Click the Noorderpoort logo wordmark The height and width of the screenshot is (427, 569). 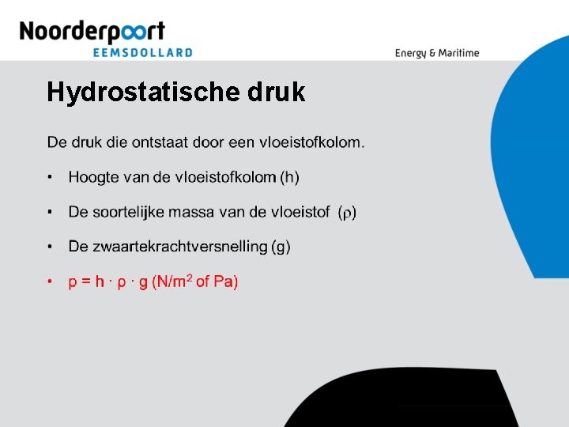(92, 32)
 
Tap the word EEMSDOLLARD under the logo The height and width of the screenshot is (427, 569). (143, 52)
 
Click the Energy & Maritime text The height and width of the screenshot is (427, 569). (437, 53)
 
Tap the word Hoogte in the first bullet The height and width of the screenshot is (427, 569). (91, 177)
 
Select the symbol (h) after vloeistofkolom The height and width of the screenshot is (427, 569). (289, 177)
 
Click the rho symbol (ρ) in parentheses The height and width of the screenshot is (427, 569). (347, 213)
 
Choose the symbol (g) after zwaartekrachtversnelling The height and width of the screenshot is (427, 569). (281, 247)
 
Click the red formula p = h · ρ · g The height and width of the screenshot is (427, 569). (108, 282)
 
